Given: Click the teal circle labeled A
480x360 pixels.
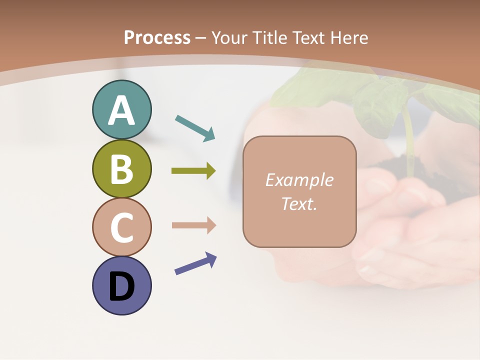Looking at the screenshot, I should click(121, 110).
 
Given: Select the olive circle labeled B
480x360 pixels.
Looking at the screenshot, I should click(121, 169).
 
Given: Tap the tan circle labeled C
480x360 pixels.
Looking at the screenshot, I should click(121, 227).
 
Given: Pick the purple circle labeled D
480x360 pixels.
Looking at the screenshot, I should click(121, 285).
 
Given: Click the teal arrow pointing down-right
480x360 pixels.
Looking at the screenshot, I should click(195, 127).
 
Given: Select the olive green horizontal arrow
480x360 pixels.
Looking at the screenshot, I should click(193, 171).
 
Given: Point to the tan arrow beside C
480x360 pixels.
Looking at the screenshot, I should click(193, 225).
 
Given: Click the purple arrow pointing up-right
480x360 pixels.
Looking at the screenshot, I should click(195, 263).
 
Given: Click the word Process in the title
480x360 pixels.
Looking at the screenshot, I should click(157, 37).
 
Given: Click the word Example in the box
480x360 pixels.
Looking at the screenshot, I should click(299, 180).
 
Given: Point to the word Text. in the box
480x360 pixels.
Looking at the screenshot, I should click(299, 203).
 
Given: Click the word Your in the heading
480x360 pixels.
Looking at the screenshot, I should click(230, 37).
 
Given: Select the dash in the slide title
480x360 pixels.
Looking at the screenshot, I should click(201, 38).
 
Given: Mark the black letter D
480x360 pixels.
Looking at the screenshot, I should click(121, 287).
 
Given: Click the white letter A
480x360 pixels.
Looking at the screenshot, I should click(121, 111).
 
